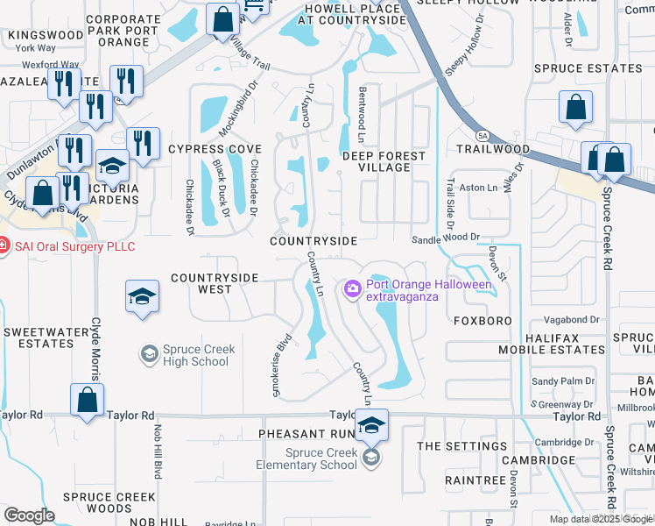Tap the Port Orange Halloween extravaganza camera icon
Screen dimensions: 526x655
pos(352,288)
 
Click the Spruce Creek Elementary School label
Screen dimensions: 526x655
pos(321,458)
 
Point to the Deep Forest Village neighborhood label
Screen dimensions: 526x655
pos(384,161)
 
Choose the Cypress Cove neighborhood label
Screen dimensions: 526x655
pos(215,149)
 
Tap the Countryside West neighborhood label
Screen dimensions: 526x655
pos(215,283)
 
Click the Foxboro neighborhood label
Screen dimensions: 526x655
pos(482,321)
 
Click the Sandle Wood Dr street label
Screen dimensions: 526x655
pos(447,237)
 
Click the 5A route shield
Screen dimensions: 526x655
pos(482,135)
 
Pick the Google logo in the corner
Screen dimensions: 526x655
pos(29,515)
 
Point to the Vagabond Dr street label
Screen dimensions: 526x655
pos(570,321)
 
